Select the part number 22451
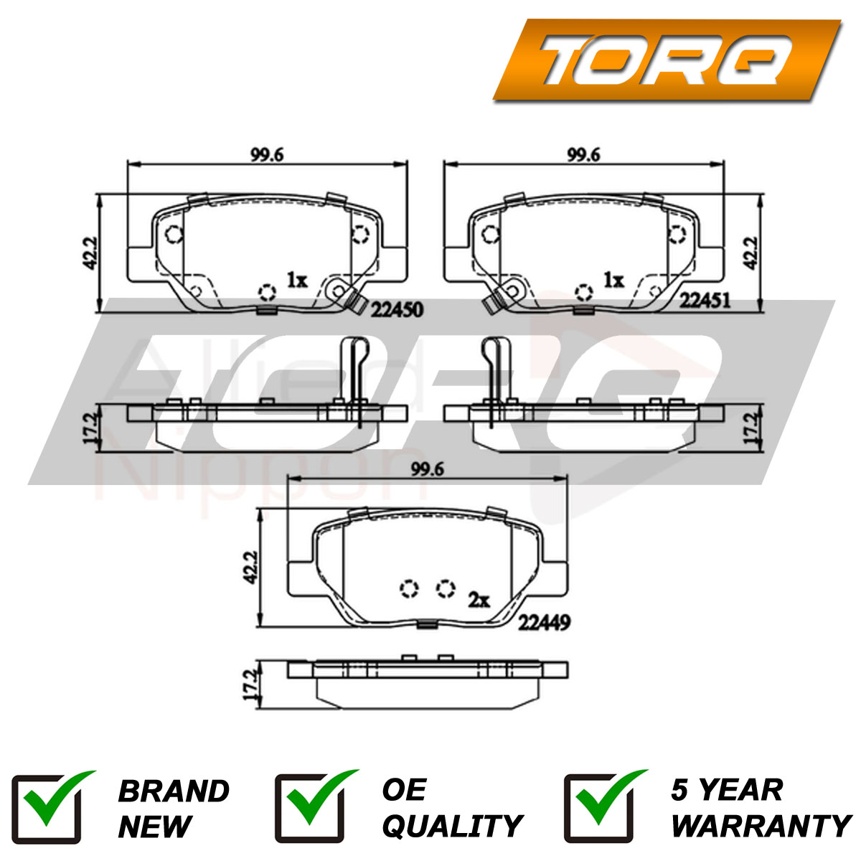[706, 301]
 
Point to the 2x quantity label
[479, 599]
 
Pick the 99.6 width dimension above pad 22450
[267, 154]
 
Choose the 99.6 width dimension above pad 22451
[583, 154]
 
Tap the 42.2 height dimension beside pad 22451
[750, 253]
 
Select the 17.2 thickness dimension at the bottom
[250, 686]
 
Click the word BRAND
[173, 791]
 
